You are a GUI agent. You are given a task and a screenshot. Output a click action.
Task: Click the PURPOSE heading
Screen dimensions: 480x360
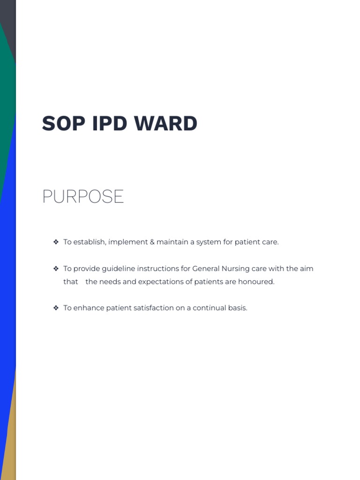(83, 196)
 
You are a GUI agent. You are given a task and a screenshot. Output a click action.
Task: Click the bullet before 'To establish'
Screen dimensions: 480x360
(56, 242)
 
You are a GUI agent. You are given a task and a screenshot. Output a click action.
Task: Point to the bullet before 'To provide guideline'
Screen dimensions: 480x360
(56, 269)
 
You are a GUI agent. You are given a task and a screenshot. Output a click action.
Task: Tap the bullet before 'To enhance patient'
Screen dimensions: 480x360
(56, 308)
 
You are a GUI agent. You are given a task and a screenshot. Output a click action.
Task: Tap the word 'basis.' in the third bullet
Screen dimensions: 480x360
(237, 308)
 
